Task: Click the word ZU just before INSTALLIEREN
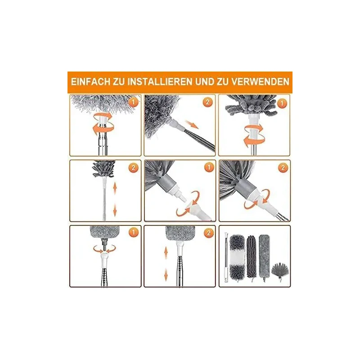[119, 82]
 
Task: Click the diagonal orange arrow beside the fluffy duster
[192, 124]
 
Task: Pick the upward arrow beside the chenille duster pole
[115, 189]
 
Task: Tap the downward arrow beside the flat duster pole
[166, 275]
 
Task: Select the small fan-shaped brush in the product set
[280, 272]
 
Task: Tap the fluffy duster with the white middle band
[237, 256]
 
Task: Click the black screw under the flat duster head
[104, 243]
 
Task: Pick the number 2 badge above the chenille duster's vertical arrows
[133, 168]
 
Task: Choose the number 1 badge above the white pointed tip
[209, 167]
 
